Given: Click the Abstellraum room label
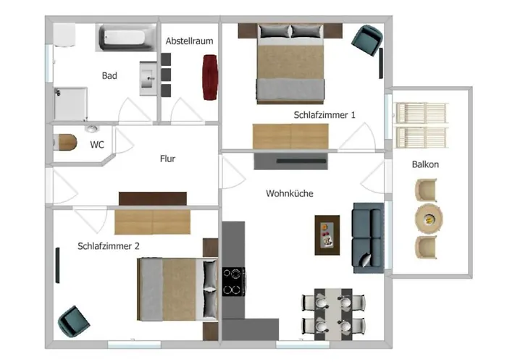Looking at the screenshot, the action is click(x=190, y=41).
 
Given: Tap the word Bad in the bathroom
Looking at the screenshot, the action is click(x=109, y=75).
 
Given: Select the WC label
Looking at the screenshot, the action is click(x=97, y=145).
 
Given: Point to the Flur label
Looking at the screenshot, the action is click(x=167, y=159).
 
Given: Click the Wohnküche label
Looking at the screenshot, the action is click(x=290, y=193).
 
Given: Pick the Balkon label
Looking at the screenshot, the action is click(x=425, y=164).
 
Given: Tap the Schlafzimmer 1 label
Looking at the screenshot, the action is click(x=324, y=114).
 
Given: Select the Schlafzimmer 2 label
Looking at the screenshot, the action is click(x=109, y=246).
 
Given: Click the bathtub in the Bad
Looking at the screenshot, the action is click(x=126, y=37).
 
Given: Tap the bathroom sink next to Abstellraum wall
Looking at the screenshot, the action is click(x=148, y=78).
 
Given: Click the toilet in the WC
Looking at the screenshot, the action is click(x=65, y=142).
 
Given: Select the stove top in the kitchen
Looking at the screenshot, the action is click(x=233, y=282).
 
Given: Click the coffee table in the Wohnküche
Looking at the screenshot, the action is click(x=327, y=235).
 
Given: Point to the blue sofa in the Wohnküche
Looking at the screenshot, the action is click(x=368, y=238).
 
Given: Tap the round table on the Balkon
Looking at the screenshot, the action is click(x=429, y=219).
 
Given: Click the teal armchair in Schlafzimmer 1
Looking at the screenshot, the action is click(x=368, y=39).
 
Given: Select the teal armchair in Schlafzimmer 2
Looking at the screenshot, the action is click(x=74, y=321).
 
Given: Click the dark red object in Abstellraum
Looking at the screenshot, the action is click(x=209, y=77).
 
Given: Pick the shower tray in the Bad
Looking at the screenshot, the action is click(x=71, y=104).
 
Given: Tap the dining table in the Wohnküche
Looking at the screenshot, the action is click(x=333, y=314).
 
